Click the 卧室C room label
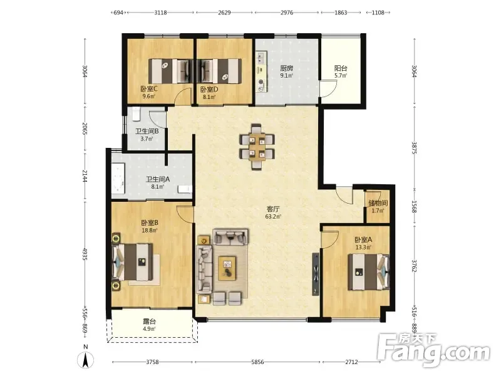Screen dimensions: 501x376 coord(149,88)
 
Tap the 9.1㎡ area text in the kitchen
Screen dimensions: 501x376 coord(286,76)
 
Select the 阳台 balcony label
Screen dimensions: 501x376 coord(341,68)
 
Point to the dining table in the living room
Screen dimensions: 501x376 coord(257,147)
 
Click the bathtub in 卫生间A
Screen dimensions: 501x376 coord(118,179)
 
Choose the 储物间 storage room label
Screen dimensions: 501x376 coord(378,202)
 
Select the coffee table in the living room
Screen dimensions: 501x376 coord(227,268)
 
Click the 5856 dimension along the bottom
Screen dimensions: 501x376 coord(257,362)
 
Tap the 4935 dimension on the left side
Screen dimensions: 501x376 coord(85,254)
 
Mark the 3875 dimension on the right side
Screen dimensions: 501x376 coord(414,148)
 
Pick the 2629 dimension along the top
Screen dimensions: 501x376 coord(224,13)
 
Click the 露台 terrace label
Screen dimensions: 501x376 coord(149,321)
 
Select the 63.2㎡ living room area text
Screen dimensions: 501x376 coord(273,216)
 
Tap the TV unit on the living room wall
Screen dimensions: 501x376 coord(316,274)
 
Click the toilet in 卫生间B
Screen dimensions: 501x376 coord(137,114)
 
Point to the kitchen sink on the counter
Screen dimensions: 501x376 coord(261,58)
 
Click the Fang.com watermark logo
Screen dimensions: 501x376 coord(433,350)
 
